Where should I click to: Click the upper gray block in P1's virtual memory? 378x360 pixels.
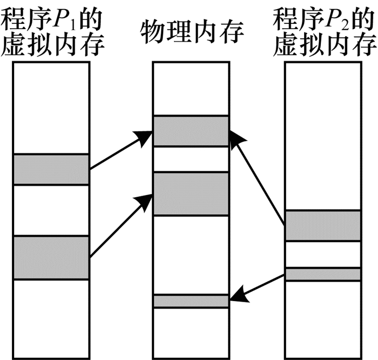[x=51, y=169]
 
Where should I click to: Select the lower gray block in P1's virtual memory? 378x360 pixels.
[x=51, y=257]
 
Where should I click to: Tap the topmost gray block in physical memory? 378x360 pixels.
[x=191, y=131]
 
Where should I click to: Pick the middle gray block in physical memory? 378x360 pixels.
[x=191, y=194]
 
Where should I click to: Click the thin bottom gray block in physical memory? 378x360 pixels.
[x=191, y=301]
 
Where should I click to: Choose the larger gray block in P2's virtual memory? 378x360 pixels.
[x=322, y=225]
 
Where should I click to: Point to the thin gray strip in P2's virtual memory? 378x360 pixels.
[x=322, y=274]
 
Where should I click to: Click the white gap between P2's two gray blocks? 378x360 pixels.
[x=322, y=255]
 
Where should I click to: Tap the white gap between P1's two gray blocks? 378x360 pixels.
[x=51, y=210]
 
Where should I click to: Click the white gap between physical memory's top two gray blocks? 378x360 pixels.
[x=191, y=159]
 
